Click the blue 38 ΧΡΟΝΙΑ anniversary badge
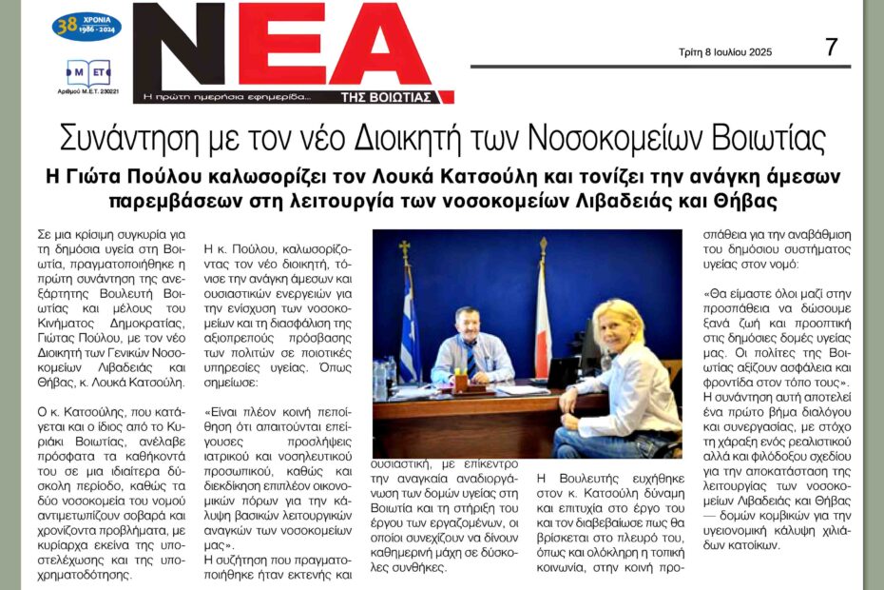86,26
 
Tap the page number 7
831,47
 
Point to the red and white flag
543,314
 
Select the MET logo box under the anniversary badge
86,72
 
